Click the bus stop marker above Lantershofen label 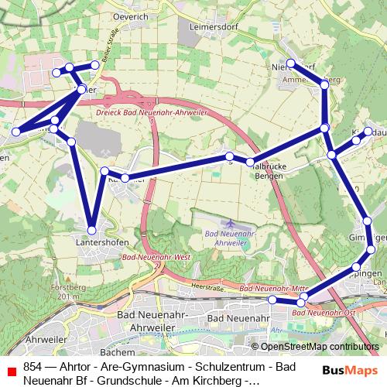coord(91,230)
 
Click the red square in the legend coord(11,371)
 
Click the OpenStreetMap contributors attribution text coord(320,347)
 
